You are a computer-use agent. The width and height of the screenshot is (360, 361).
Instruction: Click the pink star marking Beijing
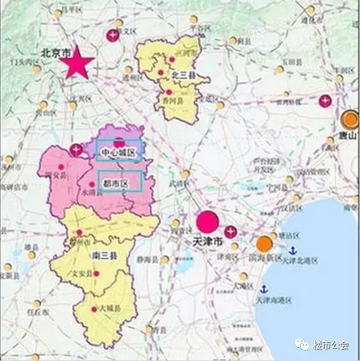tap(78, 63)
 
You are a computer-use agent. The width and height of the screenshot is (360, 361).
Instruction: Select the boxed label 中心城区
tap(119, 152)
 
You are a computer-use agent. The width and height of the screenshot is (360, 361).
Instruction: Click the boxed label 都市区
tap(119, 182)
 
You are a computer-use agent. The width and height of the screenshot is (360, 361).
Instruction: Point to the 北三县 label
tap(181, 75)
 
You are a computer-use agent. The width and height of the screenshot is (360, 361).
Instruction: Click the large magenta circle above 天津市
tap(207, 222)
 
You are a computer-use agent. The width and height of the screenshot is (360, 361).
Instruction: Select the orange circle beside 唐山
tap(350, 119)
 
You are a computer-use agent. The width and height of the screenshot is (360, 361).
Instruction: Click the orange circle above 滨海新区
tap(264, 243)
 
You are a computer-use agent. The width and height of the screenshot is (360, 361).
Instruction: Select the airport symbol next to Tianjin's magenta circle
tap(230, 231)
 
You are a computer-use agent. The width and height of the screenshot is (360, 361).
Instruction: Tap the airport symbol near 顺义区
tap(113, 36)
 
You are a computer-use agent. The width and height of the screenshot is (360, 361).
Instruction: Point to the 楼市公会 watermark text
tap(331, 345)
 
